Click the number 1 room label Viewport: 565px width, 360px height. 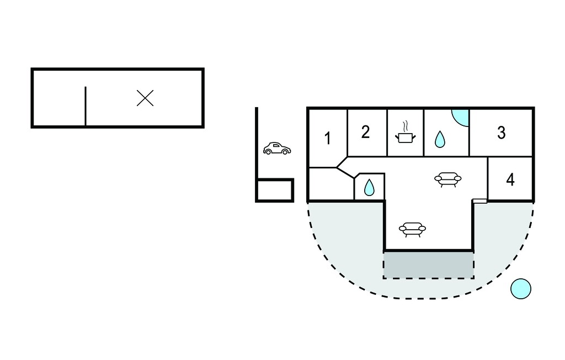pos(328,139)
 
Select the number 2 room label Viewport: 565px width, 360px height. pos(365,132)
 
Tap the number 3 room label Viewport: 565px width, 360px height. pos(501,133)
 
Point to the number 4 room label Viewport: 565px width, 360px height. pos(510,179)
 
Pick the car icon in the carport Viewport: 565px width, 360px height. pos(277,149)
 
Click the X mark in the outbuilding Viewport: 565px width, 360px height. pos(145,98)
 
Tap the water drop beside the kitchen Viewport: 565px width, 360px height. pos(440,139)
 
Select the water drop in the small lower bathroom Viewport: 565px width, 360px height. pos(369,188)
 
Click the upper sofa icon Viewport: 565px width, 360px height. pos(448,179)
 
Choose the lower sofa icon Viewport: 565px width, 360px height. pos(413,229)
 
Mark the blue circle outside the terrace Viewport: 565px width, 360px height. pos(521,289)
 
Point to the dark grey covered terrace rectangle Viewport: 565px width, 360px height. pos(428,265)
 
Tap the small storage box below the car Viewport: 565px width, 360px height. pos(275,190)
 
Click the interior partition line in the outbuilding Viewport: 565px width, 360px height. pos(86,106)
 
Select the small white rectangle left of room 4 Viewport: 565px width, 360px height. pos(480,201)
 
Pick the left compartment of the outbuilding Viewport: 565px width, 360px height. pos(59,98)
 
